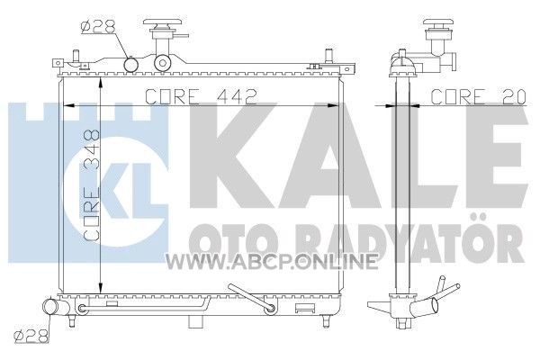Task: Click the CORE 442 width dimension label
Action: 201,97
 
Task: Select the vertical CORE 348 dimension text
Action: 92,185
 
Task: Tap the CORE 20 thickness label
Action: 479,97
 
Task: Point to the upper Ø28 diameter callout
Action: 98,26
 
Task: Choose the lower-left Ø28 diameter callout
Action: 31,337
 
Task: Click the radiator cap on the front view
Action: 162,25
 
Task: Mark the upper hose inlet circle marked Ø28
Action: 131,65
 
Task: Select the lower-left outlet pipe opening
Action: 49,306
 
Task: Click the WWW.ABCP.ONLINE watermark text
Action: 272,262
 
